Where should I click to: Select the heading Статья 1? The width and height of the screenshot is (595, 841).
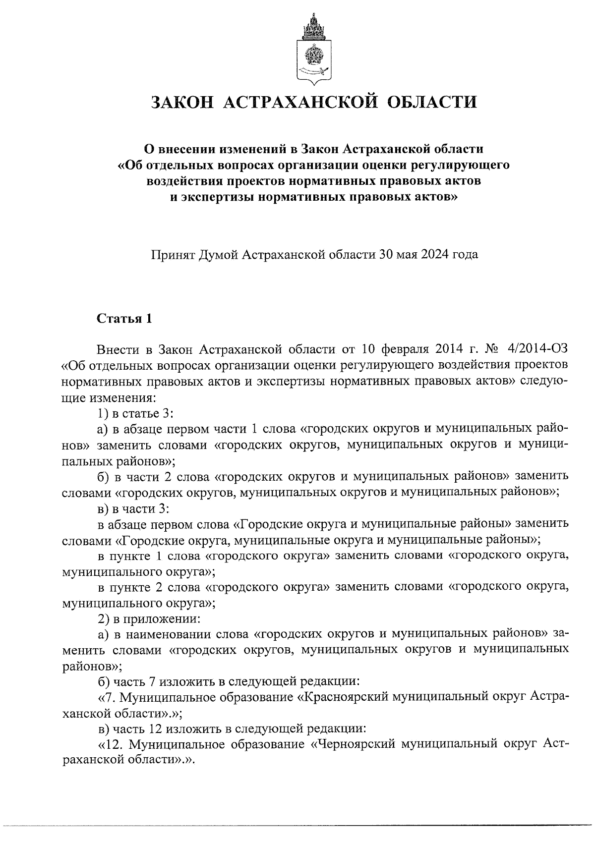point(124,318)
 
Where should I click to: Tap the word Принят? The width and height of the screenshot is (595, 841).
point(173,255)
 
